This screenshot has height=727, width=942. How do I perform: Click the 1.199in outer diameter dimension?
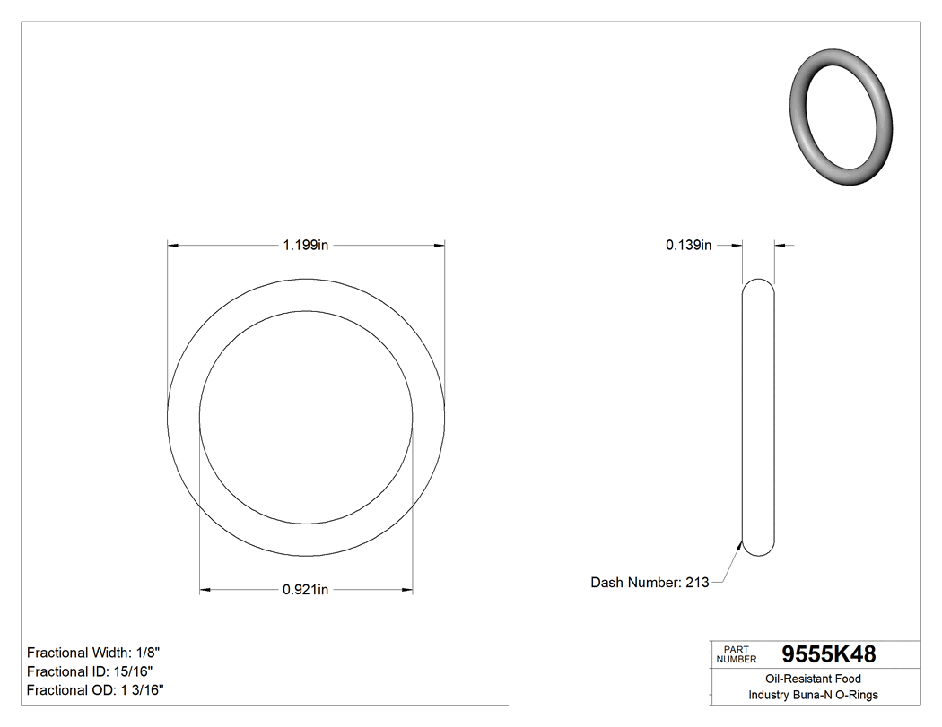(x=305, y=245)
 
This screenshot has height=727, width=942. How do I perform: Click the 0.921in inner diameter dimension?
(x=305, y=590)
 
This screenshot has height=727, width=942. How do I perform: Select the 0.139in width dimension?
(x=688, y=245)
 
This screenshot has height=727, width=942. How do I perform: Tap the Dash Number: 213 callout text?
(x=650, y=583)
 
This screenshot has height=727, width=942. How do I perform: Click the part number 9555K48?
(x=829, y=654)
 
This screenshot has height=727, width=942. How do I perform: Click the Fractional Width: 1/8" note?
(x=93, y=653)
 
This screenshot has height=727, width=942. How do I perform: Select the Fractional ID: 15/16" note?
(x=90, y=671)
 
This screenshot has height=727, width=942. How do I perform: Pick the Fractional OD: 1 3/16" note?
(x=95, y=690)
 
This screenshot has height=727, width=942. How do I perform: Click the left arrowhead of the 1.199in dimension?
(x=172, y=245)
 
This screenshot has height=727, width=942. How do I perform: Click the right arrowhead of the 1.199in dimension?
(x=440, y=245)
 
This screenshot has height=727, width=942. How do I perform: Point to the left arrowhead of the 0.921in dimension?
(x=204, y=590)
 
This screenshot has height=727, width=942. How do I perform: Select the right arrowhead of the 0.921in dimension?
(x=407, y=590)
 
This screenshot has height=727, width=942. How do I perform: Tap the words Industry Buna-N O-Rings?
(x=814, y=696)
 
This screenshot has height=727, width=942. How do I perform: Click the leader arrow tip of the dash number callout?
(x=742, y=542)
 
